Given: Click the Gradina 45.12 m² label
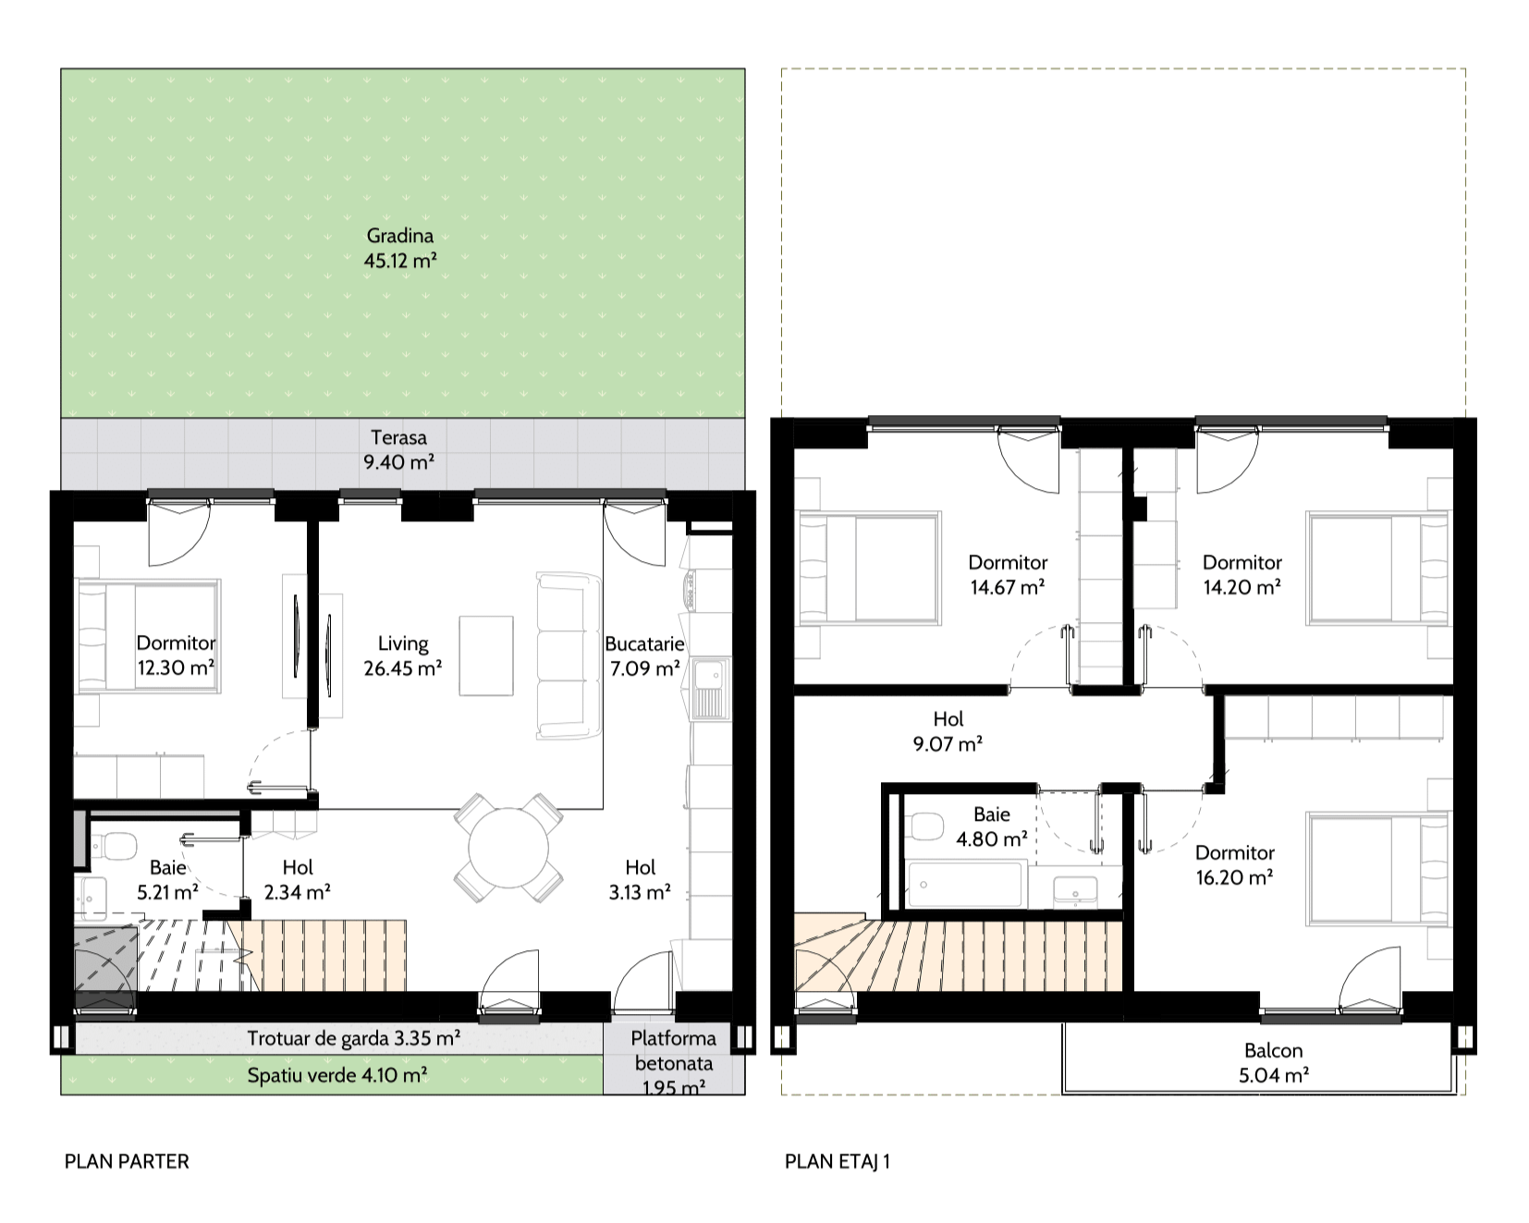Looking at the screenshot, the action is pos(399,249).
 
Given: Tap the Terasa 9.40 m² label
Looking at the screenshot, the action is pos(399,449).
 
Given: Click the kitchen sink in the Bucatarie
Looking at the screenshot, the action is pos(711,689).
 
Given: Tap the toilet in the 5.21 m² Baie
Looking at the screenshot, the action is pos(113,843).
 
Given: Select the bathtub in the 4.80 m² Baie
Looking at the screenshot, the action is pos(967,884).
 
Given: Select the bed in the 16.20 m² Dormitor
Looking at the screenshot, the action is pos(1378,868).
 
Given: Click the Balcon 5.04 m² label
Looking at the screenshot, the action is pos(1275,1062).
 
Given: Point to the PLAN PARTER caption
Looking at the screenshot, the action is pos(127,1162).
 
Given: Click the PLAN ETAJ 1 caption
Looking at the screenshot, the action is pos(838,1162).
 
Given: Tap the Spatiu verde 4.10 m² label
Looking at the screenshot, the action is pos(336,1076).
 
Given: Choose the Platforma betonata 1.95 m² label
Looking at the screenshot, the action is pos(674,1063).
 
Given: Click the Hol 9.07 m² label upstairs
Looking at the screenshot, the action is pos(948,730).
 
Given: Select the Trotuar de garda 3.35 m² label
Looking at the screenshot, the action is pos(354,1038).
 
